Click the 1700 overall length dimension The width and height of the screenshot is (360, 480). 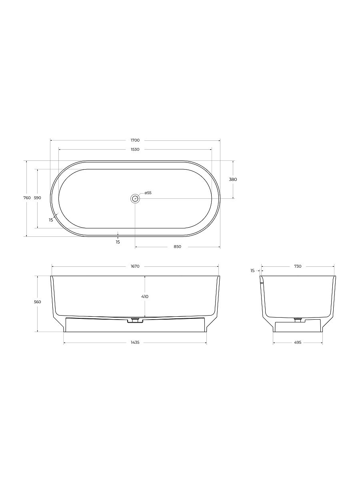click(135, 140)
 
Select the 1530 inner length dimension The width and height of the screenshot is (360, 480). click(135, 149)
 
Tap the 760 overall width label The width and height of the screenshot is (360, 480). click(27, 198)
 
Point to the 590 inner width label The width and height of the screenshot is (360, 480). click(38, 198)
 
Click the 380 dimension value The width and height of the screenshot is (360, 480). click(233, 179)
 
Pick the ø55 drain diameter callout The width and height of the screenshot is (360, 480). click(148, 193)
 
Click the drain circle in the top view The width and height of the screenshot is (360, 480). click(135, 198)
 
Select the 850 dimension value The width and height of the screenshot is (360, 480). click(178, 246)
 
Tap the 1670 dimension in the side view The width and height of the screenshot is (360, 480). click(135, 266)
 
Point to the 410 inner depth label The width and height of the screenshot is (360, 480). click(145, 296)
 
